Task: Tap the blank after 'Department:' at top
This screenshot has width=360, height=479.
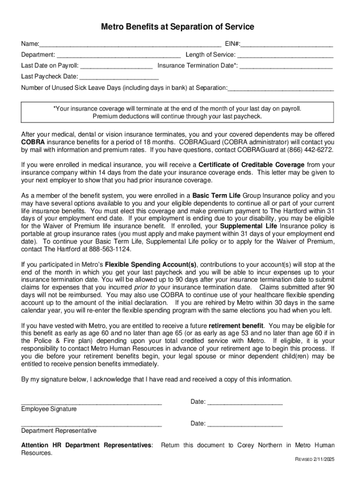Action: click(119, 55)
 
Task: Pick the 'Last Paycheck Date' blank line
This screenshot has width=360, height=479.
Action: click(119, 77)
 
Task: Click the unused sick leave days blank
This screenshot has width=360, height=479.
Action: click(281, 88)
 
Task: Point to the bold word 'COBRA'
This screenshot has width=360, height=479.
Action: click(32, 142)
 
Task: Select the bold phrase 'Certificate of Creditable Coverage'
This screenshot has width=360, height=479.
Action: click(252, 165)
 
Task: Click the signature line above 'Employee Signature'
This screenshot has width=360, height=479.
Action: click(92, 402)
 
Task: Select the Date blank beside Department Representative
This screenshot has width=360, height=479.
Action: click(245, 424)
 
